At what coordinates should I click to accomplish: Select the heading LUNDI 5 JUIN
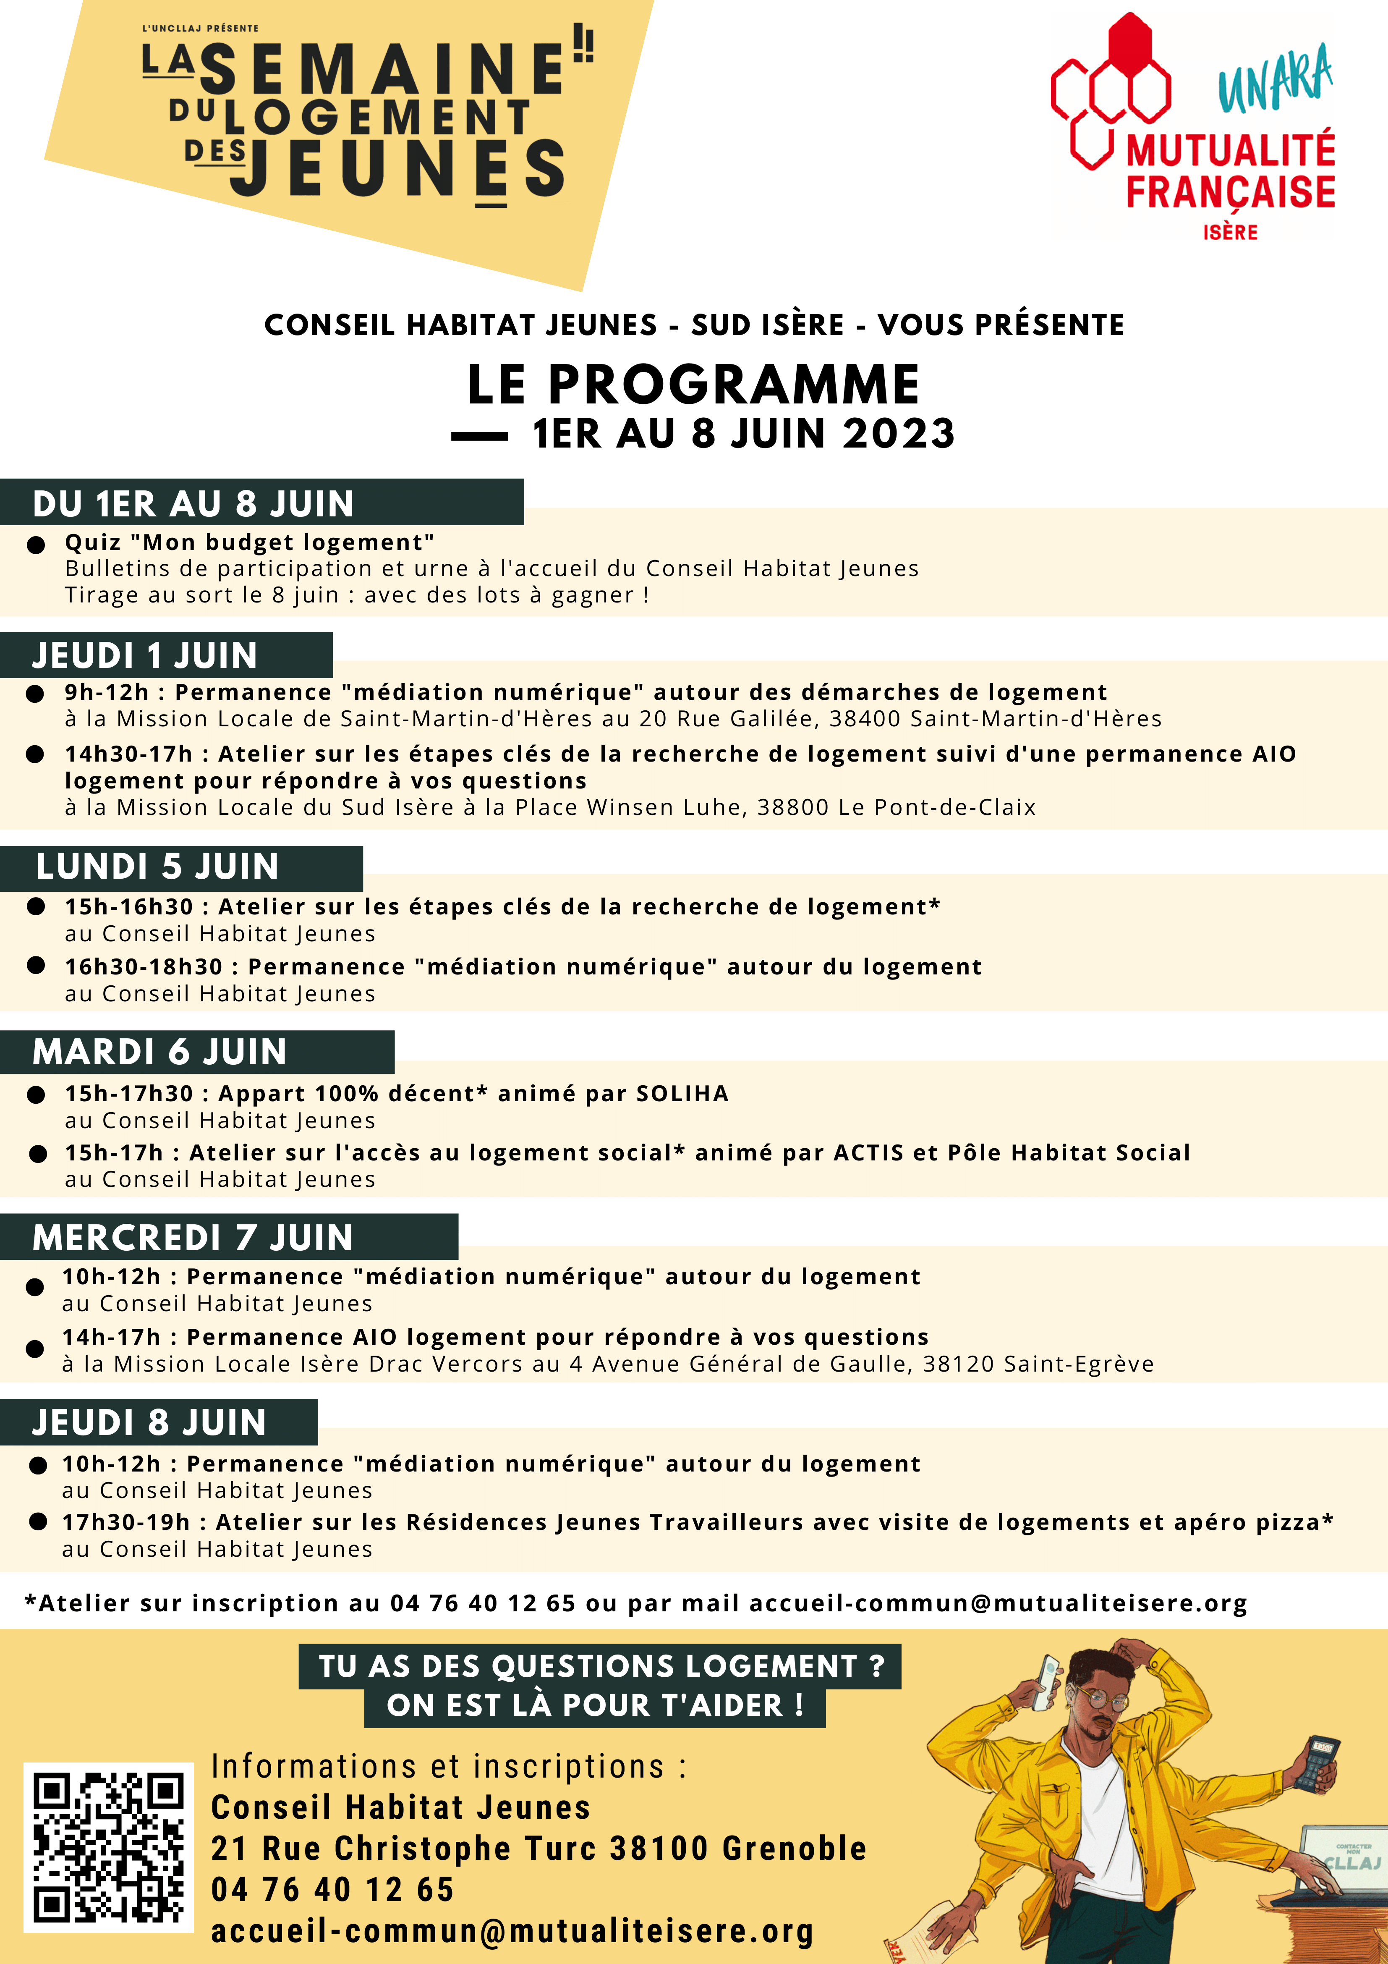tap(157, 867)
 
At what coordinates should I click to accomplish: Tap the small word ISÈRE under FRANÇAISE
tap(1230, 233)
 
